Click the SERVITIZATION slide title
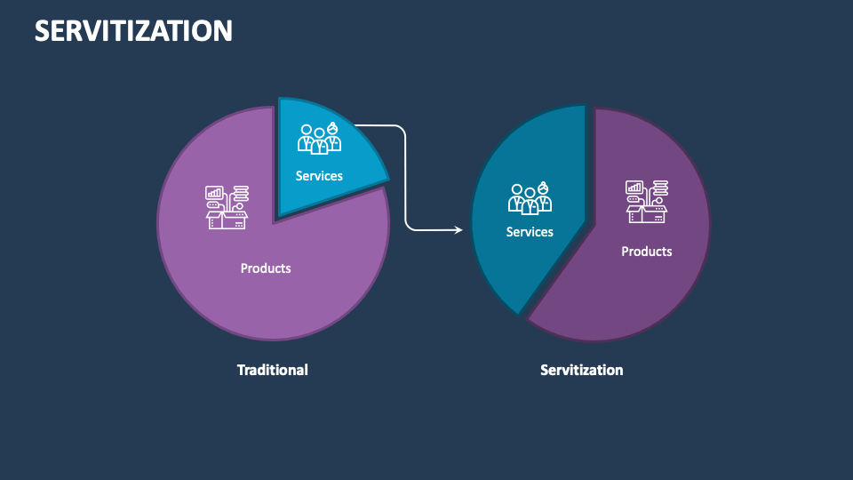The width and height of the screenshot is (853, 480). [x=133, y=30]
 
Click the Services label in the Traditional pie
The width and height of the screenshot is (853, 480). [x=319, y=176]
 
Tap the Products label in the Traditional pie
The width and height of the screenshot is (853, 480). [x=266, y=268]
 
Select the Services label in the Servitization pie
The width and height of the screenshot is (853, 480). [x=530, y=232]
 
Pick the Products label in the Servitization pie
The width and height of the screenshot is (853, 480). [x=647, y=252]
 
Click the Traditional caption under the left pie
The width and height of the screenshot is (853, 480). [x=272, y=370]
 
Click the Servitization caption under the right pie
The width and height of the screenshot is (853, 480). [x=582, y=370]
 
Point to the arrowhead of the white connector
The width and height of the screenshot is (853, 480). [x=459, y=230]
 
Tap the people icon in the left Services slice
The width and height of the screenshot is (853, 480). [x=319, y=140]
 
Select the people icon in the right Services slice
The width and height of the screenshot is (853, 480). [x=530, y=197]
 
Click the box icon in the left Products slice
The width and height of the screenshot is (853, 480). [x=227, y=207]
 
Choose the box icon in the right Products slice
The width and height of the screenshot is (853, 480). [x=647, y=202]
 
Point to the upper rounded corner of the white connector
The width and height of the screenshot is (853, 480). [x=402, y=130]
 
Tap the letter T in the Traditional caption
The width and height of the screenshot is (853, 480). [x=241, y=370]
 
